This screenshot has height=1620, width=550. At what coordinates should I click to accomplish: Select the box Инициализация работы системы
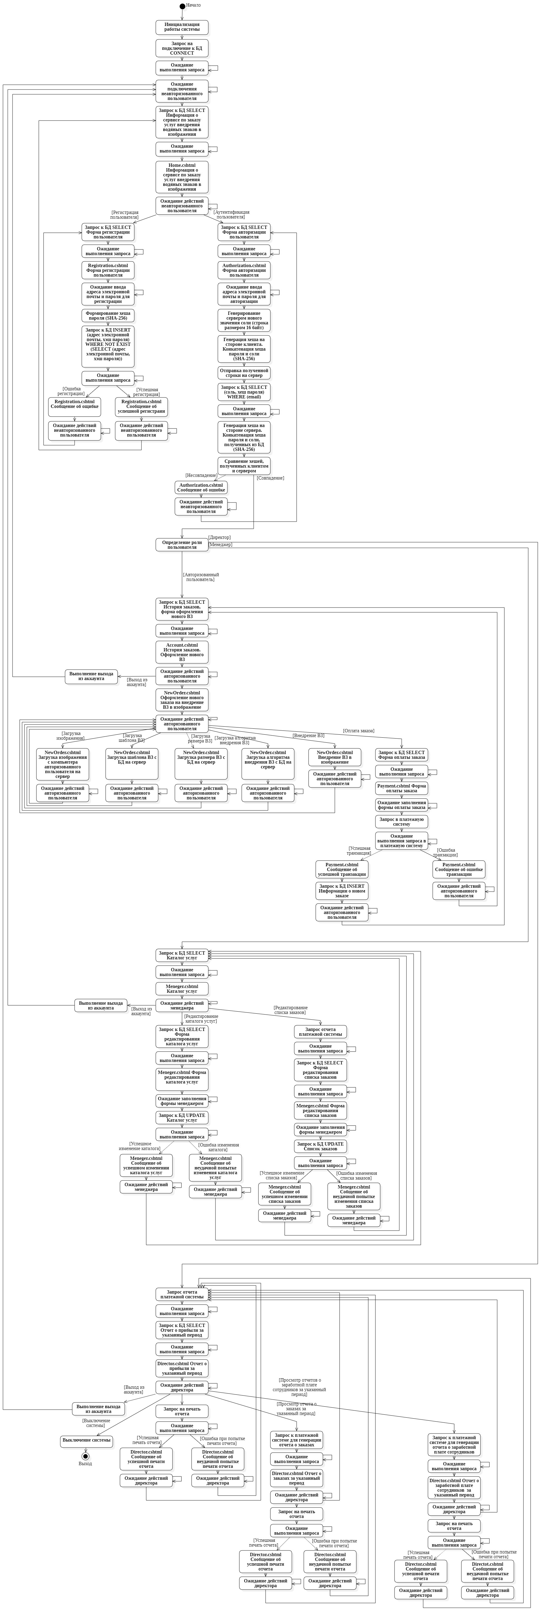[x=182, y=27]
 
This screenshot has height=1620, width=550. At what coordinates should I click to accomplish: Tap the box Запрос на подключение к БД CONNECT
[x=182, y=48]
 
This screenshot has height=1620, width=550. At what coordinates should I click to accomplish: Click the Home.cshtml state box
[x=182, y=177]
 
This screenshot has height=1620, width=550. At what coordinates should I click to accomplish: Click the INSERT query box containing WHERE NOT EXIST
[x=108, y=346]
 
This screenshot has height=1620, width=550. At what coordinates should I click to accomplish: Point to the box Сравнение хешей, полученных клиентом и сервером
[x=244, y=466]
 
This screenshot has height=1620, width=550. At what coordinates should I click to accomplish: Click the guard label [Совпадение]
[x=270, y=478]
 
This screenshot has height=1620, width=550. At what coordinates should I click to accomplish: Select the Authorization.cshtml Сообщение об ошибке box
[x=201, y=487]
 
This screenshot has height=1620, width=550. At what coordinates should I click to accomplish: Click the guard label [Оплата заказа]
[x=358, y=731]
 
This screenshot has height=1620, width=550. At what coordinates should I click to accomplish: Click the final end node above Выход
[x=86, y=1456]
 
